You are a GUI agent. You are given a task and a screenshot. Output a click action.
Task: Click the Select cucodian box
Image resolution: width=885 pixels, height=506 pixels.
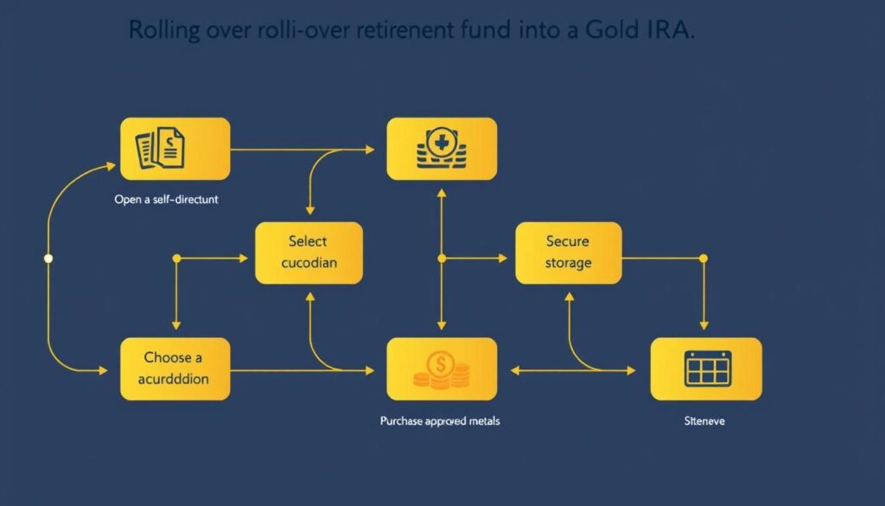(x=309, y=253)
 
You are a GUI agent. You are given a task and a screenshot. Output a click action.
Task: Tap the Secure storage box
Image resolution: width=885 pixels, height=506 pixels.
(x=568, y=253)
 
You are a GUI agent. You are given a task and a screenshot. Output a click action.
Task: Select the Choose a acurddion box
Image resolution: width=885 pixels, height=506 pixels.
(x=175, y=368)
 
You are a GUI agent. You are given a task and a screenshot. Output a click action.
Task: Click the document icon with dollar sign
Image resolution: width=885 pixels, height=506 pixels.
(x=162, y=148)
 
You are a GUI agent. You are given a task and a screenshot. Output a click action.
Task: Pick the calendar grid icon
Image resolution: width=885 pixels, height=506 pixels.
(x=707, y=368)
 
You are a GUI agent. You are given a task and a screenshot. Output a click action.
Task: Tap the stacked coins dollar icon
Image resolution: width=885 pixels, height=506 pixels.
(x=441, y=368)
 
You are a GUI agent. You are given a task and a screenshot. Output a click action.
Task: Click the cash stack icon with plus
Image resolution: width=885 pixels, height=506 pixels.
(x=442, y=148)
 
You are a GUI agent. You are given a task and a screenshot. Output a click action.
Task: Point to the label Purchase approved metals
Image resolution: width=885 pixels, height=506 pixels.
(x=440, y=421)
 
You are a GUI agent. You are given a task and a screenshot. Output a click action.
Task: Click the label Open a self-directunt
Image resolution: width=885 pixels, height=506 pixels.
(x=166, y=200)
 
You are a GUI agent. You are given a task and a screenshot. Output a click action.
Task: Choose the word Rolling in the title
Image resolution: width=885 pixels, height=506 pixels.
(x=165, y=30)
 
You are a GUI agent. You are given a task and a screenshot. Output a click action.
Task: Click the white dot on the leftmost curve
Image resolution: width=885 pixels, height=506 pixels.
(x=48, y=258)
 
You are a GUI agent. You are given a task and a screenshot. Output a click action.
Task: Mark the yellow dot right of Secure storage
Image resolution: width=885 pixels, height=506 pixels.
(x=703, y=258)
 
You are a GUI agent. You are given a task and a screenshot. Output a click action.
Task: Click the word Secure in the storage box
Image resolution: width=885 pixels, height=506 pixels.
(x=568, y=241)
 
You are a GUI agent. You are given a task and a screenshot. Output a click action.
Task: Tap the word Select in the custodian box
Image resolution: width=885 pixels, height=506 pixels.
(x=309, y=241)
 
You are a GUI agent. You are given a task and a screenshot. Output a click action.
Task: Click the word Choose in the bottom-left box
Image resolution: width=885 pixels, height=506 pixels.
(x=174, y=357)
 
